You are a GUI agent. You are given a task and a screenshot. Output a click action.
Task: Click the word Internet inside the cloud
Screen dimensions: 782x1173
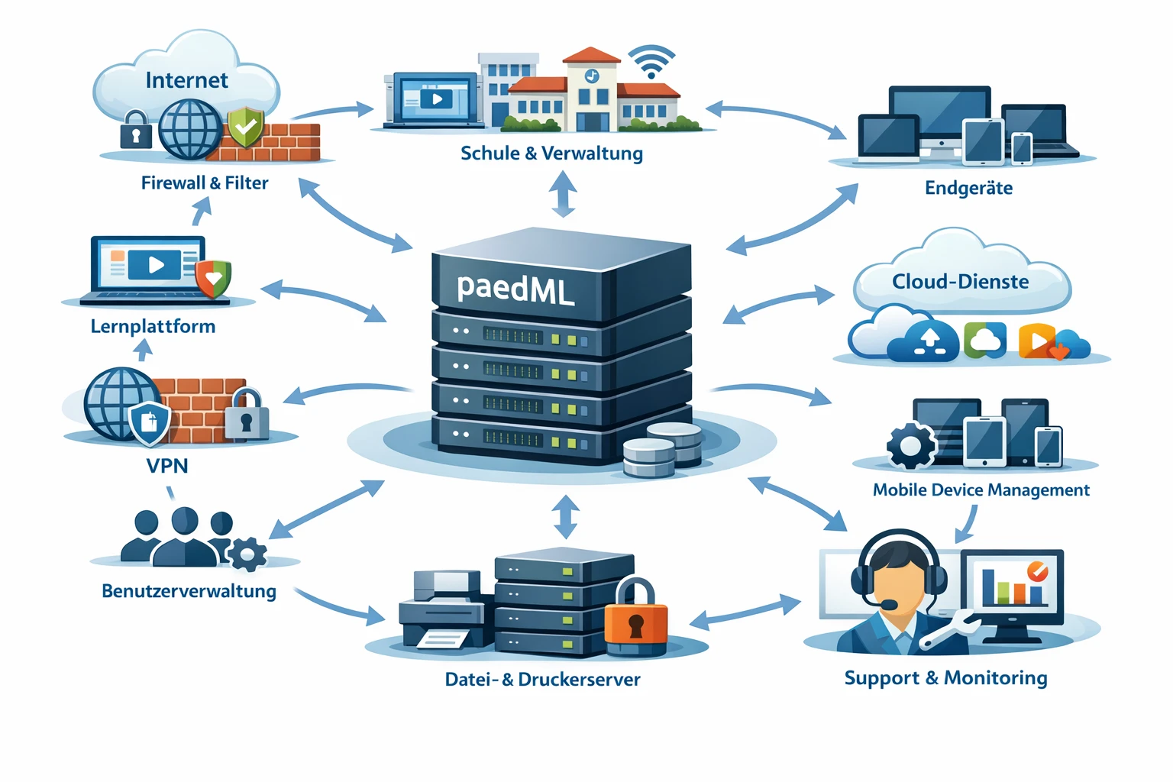click(186, 80)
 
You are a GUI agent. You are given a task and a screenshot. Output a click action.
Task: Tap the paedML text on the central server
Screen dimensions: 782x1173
click(515, 289)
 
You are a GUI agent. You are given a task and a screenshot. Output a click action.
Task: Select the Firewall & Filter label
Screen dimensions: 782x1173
click(205, 183)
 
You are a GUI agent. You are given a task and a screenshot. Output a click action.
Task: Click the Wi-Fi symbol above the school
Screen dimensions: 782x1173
click(651, 62)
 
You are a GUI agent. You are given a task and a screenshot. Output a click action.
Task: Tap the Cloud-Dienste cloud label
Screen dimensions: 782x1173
click(960, 282)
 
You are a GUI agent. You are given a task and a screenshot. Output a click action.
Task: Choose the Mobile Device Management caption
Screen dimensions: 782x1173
click(981, 490)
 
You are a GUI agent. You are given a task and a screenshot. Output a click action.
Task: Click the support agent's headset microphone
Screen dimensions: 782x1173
click(889, 605)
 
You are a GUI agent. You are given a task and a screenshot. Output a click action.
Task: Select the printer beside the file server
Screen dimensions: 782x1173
click(441, 611)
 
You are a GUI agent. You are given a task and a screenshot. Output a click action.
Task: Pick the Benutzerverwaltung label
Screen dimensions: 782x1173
click(189, 591)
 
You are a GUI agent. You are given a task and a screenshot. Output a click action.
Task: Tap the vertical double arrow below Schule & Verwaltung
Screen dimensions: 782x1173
click(564, 193)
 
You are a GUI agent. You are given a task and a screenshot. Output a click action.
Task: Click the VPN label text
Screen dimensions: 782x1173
click(167, 466)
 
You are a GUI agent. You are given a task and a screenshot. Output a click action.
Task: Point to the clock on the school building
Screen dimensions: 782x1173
click(592, 76)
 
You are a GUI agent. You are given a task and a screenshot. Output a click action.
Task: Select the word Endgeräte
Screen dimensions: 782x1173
click(968, 188)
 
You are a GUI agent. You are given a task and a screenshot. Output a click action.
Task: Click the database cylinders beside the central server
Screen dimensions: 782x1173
click(662, 450)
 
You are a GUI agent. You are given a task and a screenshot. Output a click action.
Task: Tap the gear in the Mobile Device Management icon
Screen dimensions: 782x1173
click(911, 445)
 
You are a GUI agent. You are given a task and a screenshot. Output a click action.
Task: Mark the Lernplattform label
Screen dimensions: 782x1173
click(153, 327)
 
